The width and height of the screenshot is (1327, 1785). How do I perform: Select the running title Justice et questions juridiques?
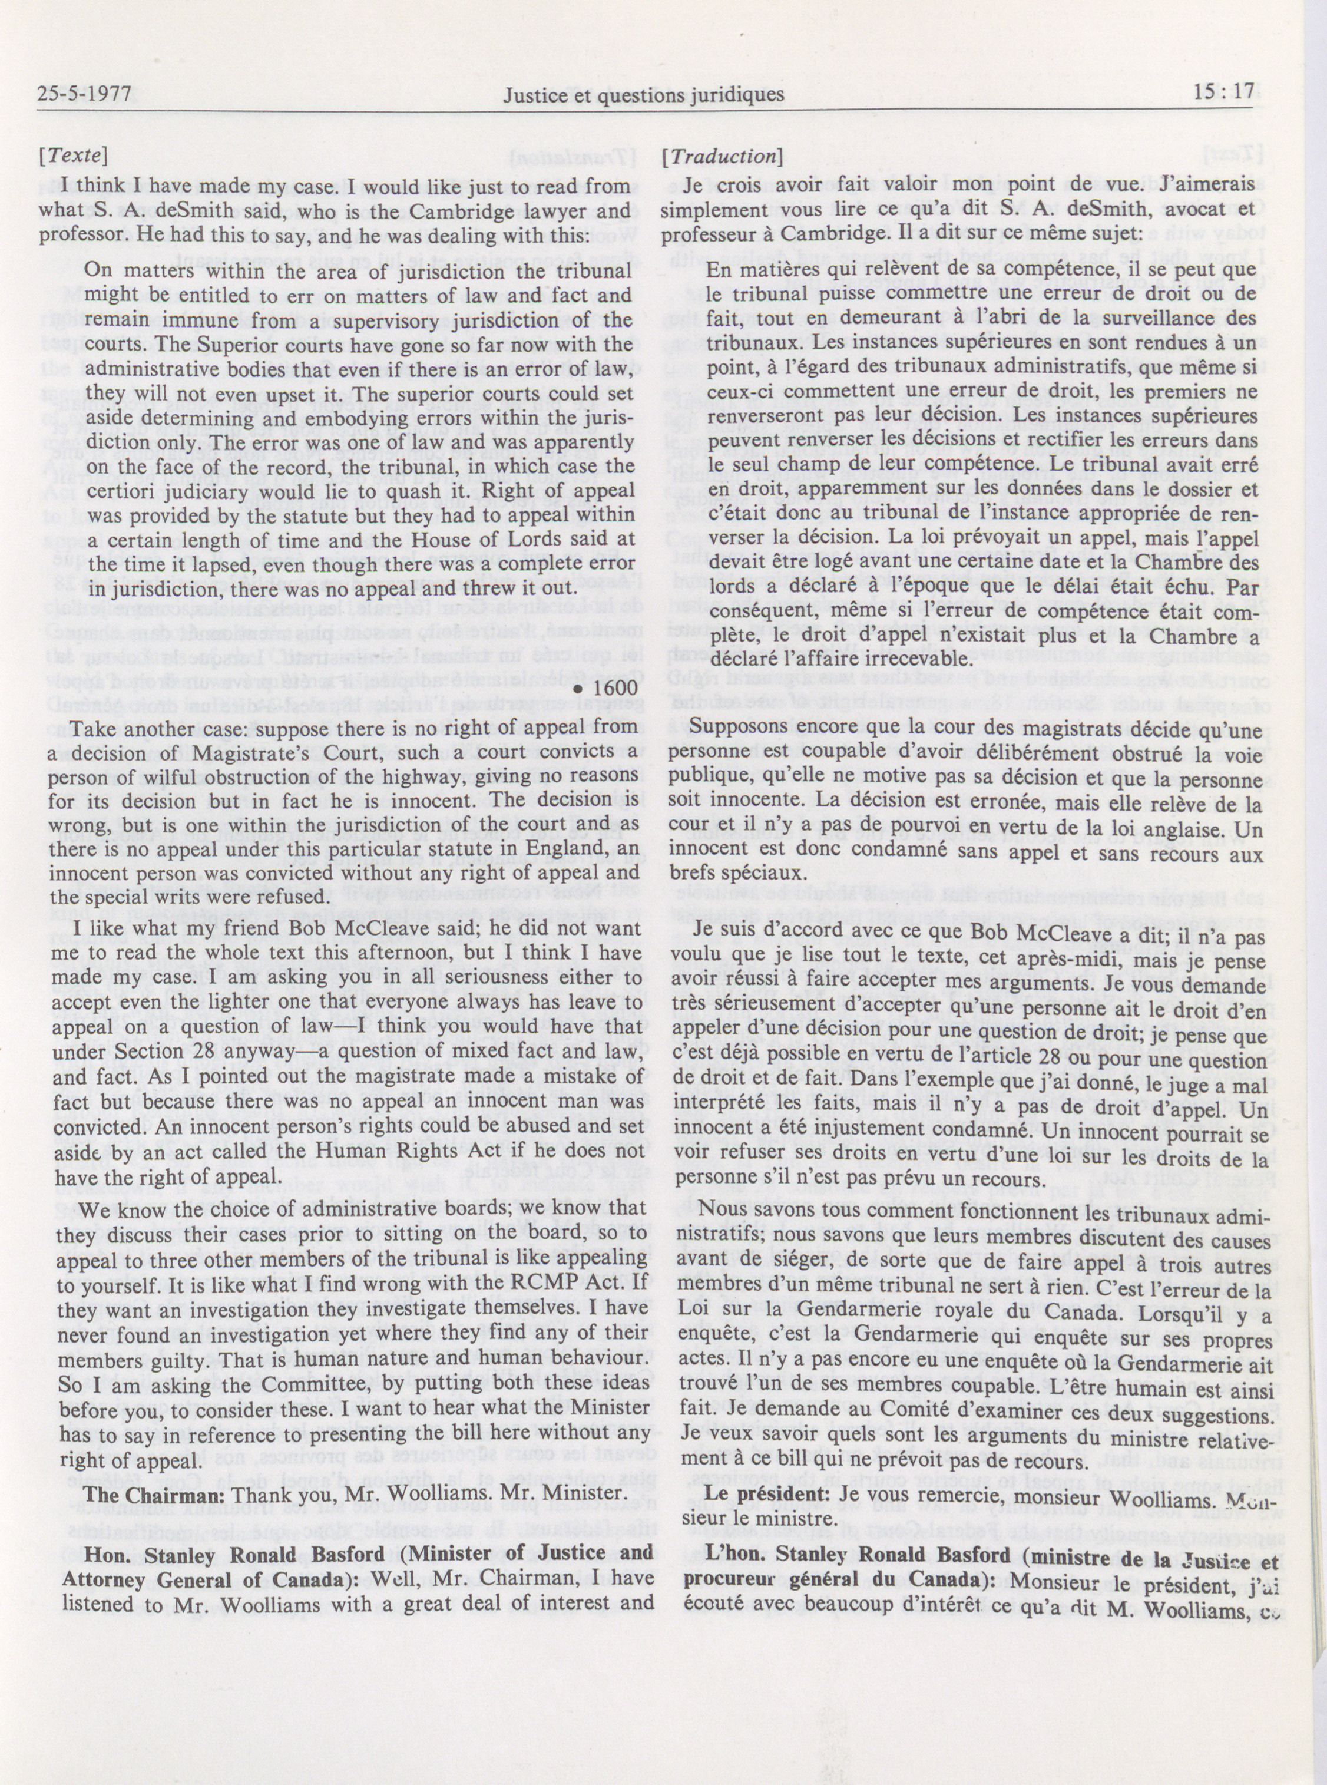point(643,95)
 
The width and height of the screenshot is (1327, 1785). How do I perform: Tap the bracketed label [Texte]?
point(73,156)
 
